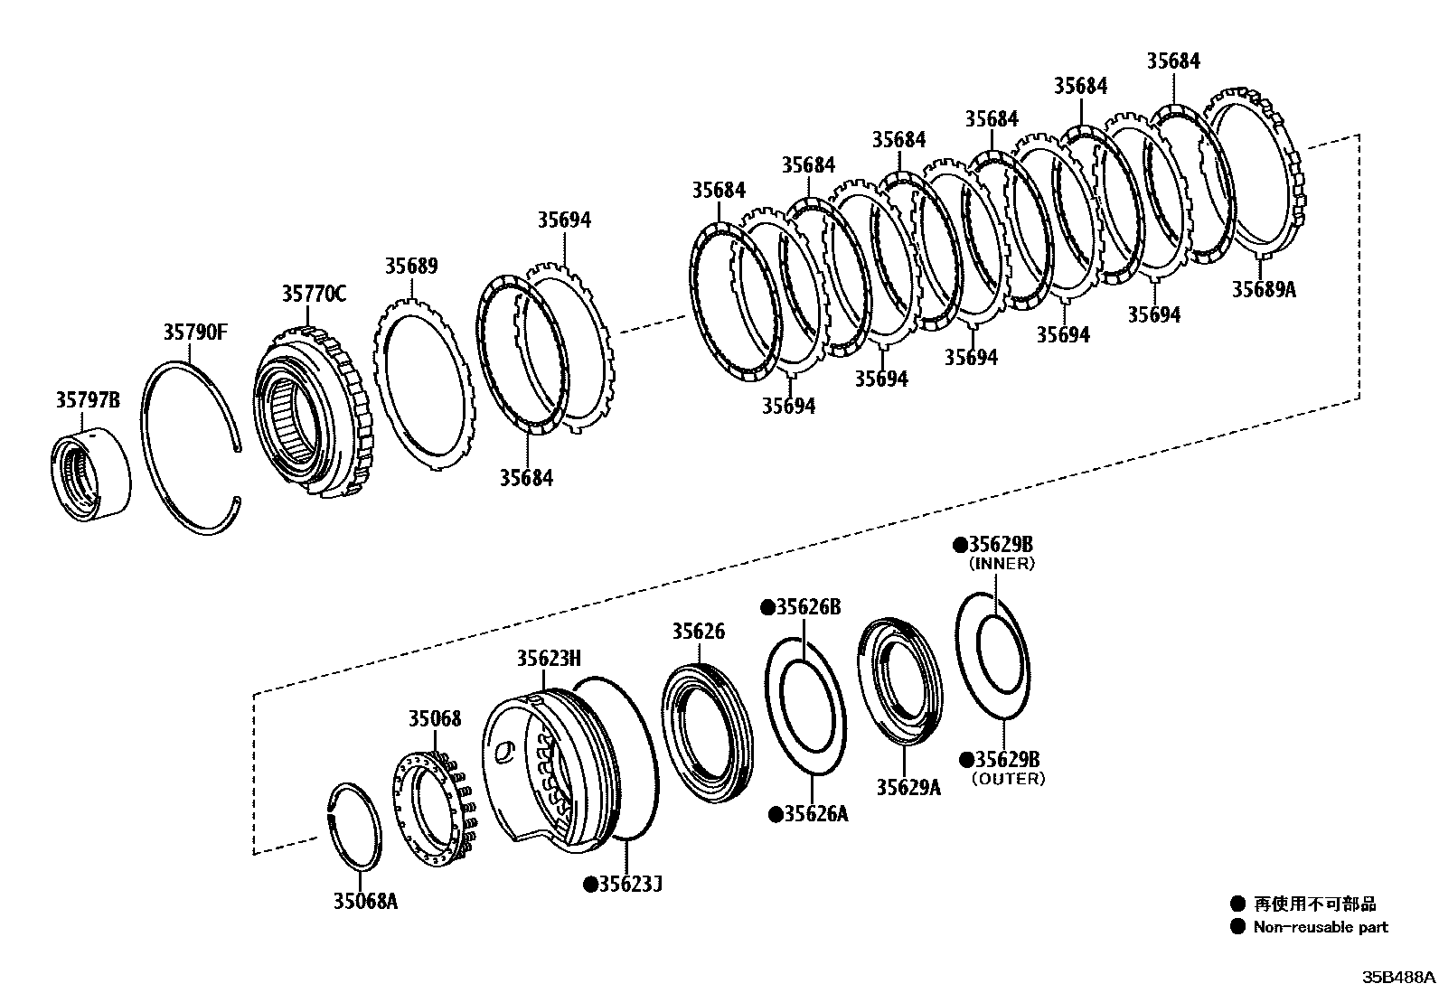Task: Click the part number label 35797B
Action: point(87,400)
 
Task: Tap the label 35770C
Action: point(313,294)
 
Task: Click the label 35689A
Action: point(1264,289)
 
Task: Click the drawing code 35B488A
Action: point(1399,978)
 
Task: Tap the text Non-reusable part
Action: point(1320,927)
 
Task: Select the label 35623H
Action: point(549,658)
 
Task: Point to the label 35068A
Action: point(365,901)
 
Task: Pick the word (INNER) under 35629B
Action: point(1002,564)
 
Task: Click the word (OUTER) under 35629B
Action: point(1008,779)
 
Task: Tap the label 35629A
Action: point(908,787)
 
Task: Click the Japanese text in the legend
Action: point(1314,904)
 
